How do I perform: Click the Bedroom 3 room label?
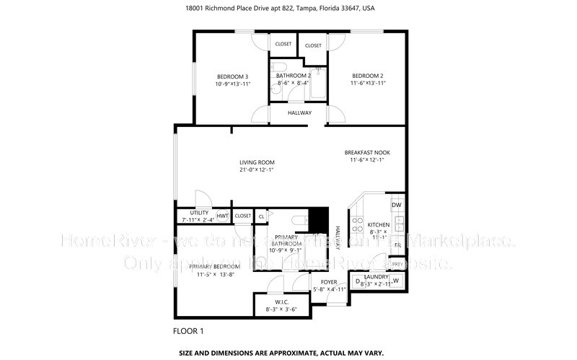232,76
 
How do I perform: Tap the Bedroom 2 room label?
367,76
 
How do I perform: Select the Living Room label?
257,162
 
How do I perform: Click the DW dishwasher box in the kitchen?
396,206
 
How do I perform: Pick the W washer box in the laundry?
395,280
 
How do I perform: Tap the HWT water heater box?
222,216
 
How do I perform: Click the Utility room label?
199,213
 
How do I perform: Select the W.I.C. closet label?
281,302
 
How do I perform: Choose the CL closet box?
261,216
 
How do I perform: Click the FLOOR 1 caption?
189,331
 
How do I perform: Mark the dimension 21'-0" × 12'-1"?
257,170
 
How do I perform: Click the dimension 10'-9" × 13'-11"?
232,84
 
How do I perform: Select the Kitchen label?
379,225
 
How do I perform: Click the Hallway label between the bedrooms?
299,113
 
